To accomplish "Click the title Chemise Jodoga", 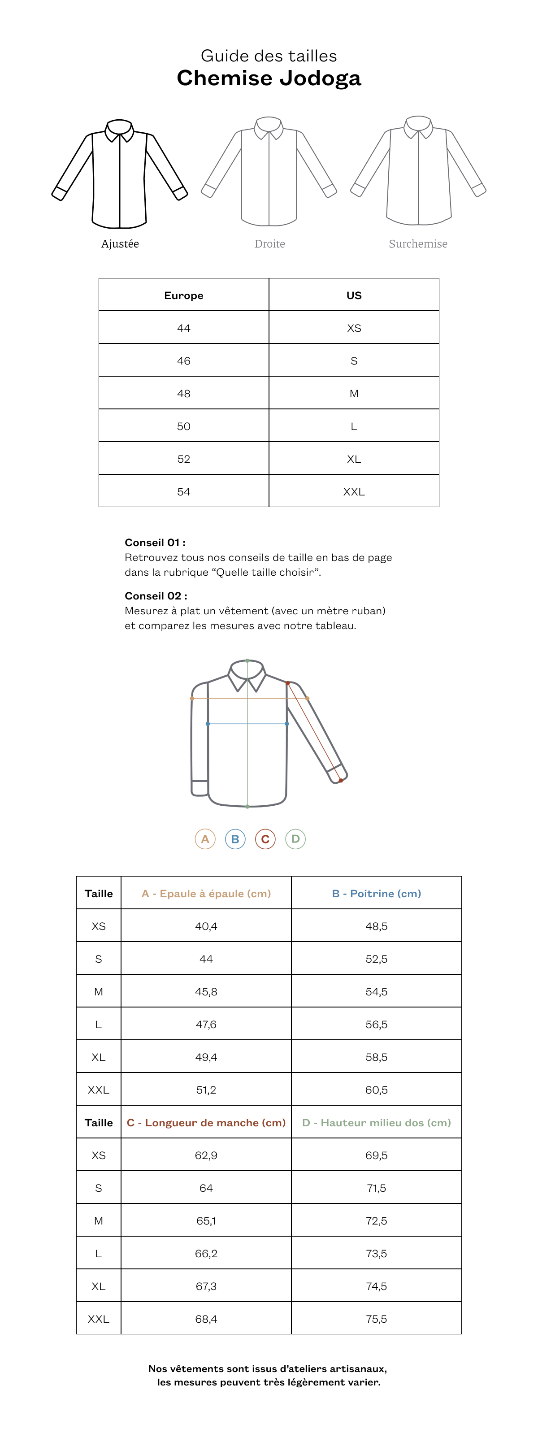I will (269, 78).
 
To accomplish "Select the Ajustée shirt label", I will (120, 243).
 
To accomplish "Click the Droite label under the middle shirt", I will (270, 243).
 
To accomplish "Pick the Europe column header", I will (184, 295).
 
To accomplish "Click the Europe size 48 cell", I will (184, 393).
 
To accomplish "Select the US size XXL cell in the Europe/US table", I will (354, 492).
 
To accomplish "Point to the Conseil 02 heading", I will (156, 596).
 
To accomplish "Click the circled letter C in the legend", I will (265, 839).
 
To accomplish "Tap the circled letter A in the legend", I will (205, 839).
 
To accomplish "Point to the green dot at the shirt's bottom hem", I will (247, 806).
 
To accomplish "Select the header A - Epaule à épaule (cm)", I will (206, 894).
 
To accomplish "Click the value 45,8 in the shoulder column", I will (206, 991).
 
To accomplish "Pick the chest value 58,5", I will (376, 1057).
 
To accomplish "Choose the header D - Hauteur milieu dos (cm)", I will (376, 1123).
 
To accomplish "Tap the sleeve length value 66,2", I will (206, 1253).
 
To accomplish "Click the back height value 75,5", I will (376, 1319).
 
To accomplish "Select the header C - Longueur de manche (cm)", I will (206, 1123).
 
